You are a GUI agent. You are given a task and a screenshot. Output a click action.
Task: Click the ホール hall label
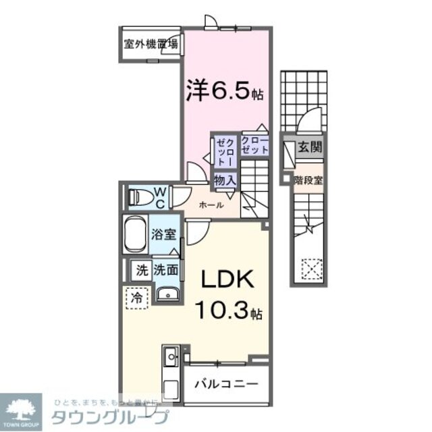click(211, 205)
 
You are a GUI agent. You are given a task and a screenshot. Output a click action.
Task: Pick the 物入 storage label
click(225, 180)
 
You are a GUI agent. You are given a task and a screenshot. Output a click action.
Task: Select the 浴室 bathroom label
click(164, 235)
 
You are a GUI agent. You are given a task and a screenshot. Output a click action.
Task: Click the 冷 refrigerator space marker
click(138, 295)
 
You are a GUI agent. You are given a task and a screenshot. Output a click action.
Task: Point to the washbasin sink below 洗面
click(165, 293)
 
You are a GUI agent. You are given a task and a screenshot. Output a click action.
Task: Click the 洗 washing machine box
click(141, 270)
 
